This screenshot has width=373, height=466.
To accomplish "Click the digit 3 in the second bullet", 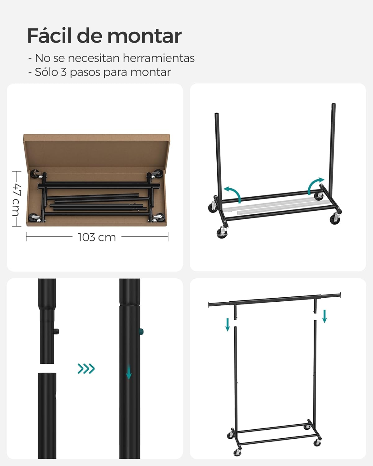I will click(63, 72).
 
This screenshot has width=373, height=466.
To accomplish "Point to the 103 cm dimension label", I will click(97, 237).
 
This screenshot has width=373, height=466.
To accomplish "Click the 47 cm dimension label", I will click(16, 199).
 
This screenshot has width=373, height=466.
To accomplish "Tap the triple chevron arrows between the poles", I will click(86, 369).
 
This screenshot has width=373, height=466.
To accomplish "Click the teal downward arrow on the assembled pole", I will click(129, 372).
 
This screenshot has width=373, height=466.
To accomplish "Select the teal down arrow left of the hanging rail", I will click(228, 324).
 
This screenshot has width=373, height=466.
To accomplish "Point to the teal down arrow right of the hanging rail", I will click(325, 316).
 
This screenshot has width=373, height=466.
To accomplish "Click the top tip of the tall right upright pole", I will click(334, 105).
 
